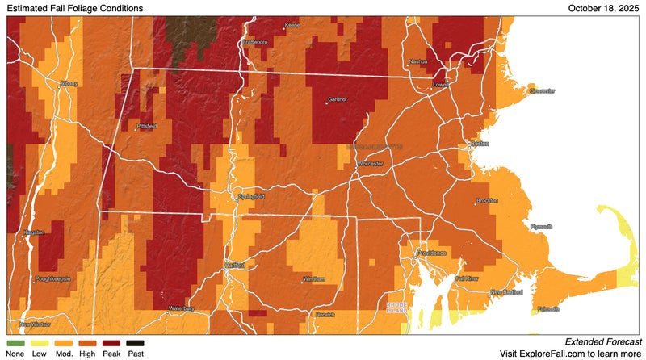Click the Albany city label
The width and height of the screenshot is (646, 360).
pyautogui.click(x=70, y=83)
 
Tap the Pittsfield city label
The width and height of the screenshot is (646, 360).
pyautogui.click(x=149, y=127)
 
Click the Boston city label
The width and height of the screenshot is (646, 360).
pyautogui.click(x=480, y=144)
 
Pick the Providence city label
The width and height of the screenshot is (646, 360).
pyautogui.click(x=431, y=253)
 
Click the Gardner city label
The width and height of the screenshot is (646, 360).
pyautogui.click(x=337, y=100)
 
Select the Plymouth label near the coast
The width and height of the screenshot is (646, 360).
pyautogui.click(x=540, y=227)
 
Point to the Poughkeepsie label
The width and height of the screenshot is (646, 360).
pyautogui.click(x=53, y=278)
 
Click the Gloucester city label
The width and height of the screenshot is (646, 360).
pyautogui.click(x=542, y=91)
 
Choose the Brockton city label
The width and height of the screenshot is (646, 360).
pyautogui.click(x=488, y=199)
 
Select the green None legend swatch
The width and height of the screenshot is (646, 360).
pyautogui.click(x=15, y=343)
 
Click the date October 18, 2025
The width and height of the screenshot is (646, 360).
pyautogui.click(x=603, y=8)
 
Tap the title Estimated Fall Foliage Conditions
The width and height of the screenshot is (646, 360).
pyautogui.click(x=75, y=8)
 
